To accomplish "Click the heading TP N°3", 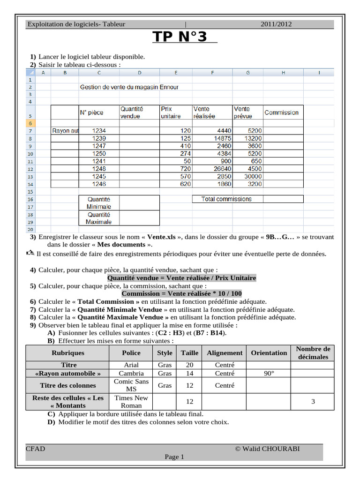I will (x=180, y=37).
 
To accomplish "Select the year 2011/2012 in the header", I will (x=277, y=24).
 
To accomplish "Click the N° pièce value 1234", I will (x=99, y=131).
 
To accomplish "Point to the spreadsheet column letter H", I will (x=283, y=73).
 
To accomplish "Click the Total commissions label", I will (x=226, y=199).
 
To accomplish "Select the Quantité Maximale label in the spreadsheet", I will (x=98, y=218).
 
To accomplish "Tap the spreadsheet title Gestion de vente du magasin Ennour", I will (x=129, y=87).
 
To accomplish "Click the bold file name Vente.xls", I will (x=161, y=237).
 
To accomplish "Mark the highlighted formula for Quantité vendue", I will (x=182, y=278).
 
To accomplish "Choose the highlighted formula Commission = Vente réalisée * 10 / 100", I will (x=182, y=293).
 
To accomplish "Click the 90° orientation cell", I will (x=269, y=374).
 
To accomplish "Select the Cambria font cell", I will (x=131, y=374).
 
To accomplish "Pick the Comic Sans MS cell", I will (x=131, y=385).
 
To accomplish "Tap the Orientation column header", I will (x=269, y=353).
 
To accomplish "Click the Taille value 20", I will (x=190, y=365).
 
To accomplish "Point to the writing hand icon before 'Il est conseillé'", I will (x=30, y=254).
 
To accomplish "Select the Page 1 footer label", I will (x=174, y=457).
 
